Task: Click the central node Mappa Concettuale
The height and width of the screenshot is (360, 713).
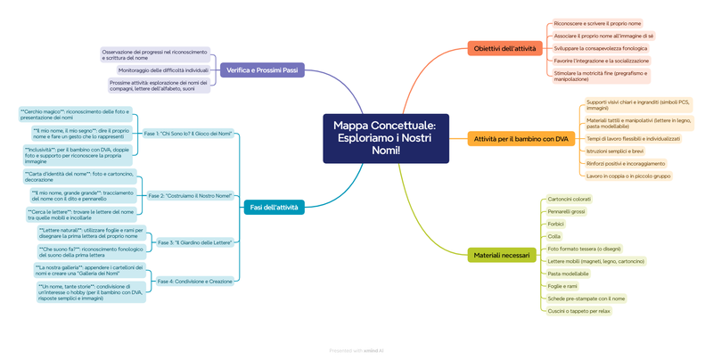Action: tap(386, 138)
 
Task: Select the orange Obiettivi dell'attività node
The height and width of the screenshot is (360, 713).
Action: tap(504, 48)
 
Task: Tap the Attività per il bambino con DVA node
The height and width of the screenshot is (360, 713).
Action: tap(520, 139)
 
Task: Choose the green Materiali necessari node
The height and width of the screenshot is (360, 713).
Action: tap(501, 255)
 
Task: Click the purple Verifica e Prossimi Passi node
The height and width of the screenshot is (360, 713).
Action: tap(262, 70)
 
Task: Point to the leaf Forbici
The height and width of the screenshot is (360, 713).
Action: tap(556, 224)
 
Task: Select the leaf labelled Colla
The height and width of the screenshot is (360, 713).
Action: tap(554, 236)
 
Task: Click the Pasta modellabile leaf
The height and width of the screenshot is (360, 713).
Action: tap(568, 273)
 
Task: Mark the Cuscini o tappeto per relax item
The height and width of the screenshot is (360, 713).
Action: tap(578, 310)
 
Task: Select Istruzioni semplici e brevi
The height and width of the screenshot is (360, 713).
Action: tap(615, 151)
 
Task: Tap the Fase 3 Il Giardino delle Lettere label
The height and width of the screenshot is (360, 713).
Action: tap(194, 242)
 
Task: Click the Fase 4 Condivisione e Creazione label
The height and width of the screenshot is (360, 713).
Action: tap(195, 281)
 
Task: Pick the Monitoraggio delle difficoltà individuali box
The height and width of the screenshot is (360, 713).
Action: tap(163, 70)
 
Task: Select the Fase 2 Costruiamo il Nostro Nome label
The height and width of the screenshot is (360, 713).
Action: tap(190, 195)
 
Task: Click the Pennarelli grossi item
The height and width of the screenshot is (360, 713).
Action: tap(566, 211)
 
